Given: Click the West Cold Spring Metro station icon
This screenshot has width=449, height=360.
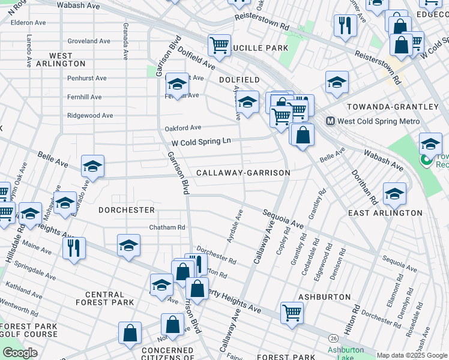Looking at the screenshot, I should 330,121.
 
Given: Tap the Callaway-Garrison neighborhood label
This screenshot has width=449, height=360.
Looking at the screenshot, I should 243,173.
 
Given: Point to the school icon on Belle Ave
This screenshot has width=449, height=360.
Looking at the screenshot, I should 92,166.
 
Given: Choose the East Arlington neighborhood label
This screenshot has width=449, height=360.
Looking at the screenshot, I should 385,213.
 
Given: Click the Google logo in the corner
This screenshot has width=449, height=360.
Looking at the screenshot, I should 20,353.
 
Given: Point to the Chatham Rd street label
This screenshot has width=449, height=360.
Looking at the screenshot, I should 167,227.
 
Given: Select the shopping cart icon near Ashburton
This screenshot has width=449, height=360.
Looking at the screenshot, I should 292,312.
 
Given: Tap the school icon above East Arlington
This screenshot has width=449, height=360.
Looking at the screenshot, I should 394,193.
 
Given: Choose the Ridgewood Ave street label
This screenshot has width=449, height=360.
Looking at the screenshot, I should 90,115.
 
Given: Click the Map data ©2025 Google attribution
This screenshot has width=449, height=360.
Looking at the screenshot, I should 412,355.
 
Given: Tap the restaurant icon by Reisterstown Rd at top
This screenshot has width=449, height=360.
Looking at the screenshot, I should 345,25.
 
